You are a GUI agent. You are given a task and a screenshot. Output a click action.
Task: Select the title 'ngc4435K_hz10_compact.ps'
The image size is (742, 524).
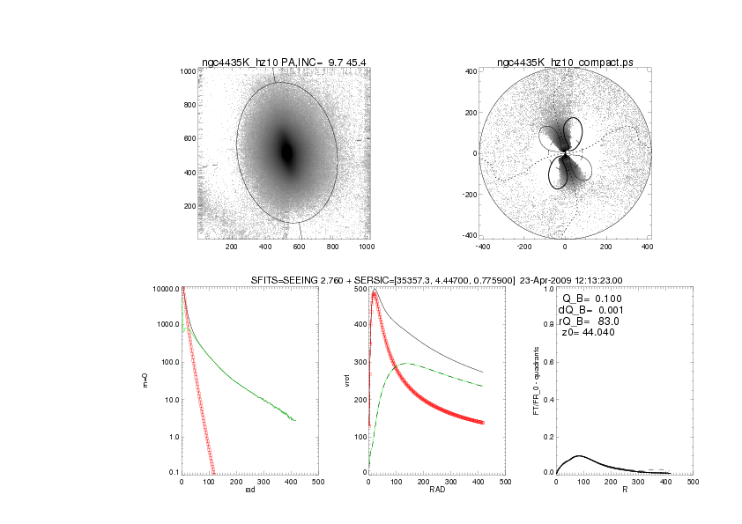click(x=565, y=62)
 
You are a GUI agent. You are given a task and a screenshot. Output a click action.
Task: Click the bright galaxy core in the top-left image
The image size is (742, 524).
click(x=286, y=151)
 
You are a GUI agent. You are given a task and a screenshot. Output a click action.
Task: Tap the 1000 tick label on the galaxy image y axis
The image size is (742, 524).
click(x=187, y=71)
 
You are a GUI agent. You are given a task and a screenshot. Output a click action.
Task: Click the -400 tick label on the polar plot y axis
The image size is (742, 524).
click(x=471, y=236)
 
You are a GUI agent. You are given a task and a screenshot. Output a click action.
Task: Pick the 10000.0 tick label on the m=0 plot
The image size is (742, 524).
click(x=167, y=289)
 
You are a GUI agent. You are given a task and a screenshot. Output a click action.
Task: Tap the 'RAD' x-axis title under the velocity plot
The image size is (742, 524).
click(x=436, y=491)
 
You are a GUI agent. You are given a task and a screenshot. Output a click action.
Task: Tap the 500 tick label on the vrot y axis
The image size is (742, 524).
click(x=360, y=289)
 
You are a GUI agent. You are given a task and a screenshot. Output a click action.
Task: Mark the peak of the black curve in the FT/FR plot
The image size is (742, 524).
click(x=578, y=455)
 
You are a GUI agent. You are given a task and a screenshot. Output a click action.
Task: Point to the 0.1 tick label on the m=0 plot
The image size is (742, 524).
click(x=173, y=473)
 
